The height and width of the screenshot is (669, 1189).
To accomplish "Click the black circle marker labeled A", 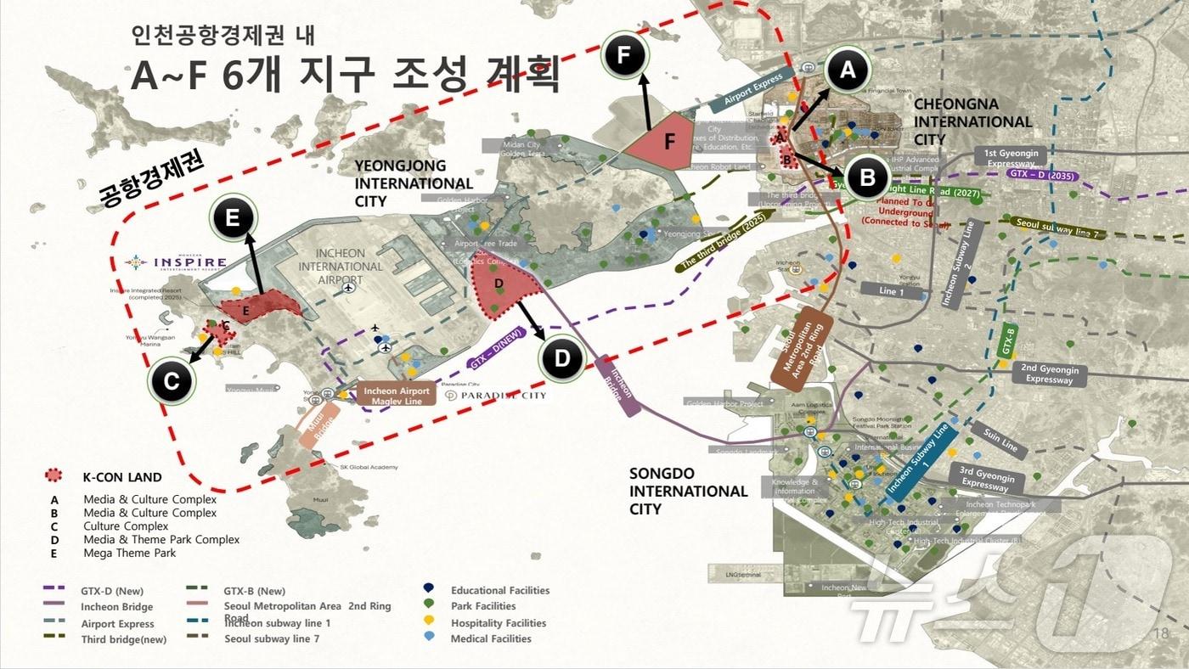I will click(847, 72).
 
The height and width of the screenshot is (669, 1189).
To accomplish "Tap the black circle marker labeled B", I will click(867, 177).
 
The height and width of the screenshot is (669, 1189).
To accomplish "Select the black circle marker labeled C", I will click(172, 382).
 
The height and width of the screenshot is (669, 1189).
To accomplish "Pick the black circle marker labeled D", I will click(562, 359).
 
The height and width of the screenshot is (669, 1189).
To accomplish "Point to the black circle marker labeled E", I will click(234, 218).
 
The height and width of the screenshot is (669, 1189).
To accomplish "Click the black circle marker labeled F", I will click(624, 56).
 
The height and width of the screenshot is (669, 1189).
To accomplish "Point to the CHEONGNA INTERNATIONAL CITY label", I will click(972, 121).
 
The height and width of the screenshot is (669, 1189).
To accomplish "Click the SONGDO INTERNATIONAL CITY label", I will click(688, 491).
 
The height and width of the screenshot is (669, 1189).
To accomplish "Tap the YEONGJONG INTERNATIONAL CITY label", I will click(413, 183).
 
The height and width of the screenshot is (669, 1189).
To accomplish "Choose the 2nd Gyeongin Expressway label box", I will click(1050, 374).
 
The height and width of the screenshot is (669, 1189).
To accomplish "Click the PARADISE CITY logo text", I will click(496, 396).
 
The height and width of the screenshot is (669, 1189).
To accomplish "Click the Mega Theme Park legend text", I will click(129, 554).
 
